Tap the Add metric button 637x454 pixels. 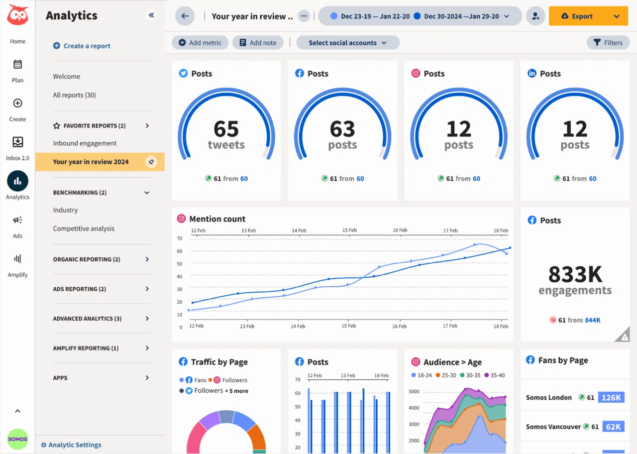coord(200,43)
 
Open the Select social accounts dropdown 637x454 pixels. coord(347,43)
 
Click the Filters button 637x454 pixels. coord(608,43)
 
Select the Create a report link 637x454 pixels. coord(82,46)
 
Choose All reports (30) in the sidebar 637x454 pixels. coord(75,95)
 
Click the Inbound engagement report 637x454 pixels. coord(85,143)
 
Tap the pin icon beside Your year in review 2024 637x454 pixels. coord(151,162)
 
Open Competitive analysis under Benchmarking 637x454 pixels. coord(84,228)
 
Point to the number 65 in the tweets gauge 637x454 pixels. coord(226,129)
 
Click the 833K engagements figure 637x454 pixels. coord(575,274)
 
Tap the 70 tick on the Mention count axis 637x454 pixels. coord(180,238)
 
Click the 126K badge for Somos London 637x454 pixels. coord(611,397)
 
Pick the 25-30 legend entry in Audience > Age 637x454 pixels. coord(446,375)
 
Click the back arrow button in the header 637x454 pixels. coord(185,16)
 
